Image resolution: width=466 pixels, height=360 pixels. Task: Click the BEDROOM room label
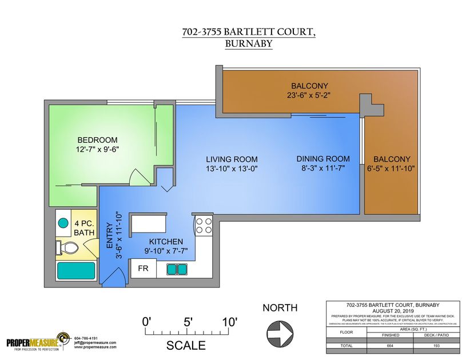click(98, 140)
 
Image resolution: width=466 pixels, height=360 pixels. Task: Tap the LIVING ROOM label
click(232, 159)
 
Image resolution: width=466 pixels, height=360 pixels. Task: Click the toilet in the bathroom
click(67, 247)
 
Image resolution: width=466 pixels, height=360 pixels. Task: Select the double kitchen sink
click(176, 269)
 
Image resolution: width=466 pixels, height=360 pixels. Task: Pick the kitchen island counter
click(148, 224)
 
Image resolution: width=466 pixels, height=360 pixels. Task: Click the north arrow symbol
click(280, 330)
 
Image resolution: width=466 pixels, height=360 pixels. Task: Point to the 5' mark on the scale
click(188, 322)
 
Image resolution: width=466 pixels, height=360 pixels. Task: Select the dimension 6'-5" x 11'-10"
click(392, 169)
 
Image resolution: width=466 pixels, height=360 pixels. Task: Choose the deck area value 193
click(437, 346)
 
